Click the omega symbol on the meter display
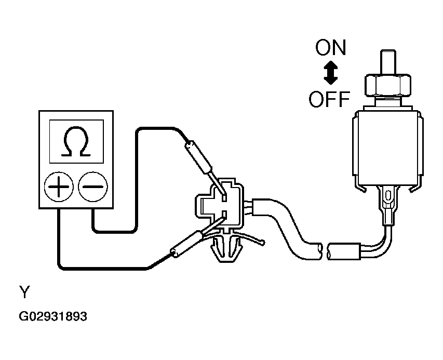pyautogui.click(x=76, y=142)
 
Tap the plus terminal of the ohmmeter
pyautogui.click(x=59, y=186)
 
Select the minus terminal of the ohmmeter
pyautogui.click(x=93, y=186)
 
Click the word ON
pyautogui.click(x=330, y=47)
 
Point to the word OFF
pyautogui.click(x=329, y=99)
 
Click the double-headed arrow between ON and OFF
pyautogui.click(x=330, y=73)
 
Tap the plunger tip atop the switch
pyautogui.click(x=388, y=62)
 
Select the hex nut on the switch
pyautogui.click(x=388, y=85)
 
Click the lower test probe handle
pyautogui.click(x=186, y=244)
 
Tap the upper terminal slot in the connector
pyautogui.click(x=224, y=197)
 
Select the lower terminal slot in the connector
pyautogui.click(x=224, y=214)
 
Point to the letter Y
pyautogui.click(x=24, y=292)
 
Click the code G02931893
pyautogui.click(x=53, y=316)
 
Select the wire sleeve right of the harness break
pyautogui.click(x=344, y=251)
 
